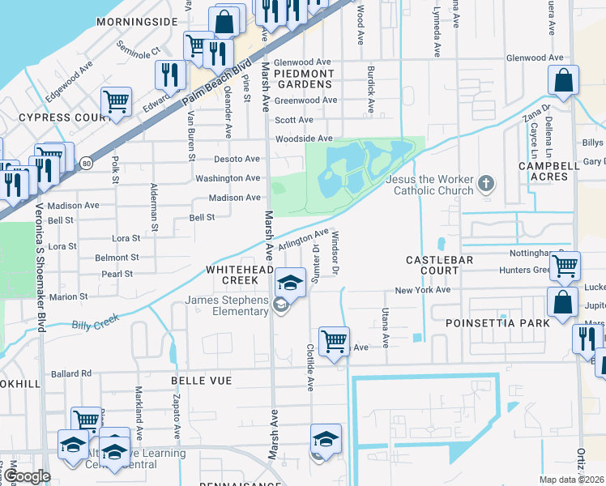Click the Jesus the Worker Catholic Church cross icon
point(486,184)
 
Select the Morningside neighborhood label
point(136,22)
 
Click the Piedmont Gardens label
point(292,79)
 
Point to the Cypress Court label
point(57,117)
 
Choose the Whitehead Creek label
point(236,274)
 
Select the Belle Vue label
point(201,380)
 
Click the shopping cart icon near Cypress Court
point(116,102)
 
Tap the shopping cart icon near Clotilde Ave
point(333,340)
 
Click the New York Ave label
point(422,290)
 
